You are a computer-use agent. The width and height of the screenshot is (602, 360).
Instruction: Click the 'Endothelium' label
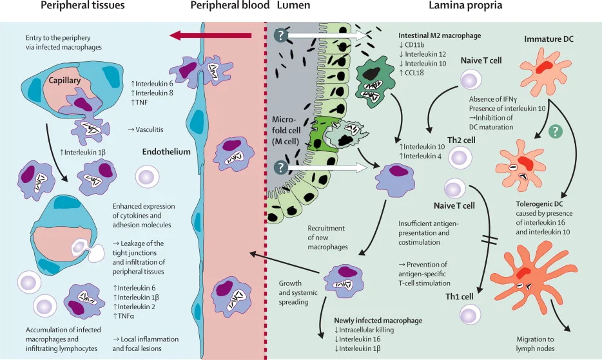point(166,152)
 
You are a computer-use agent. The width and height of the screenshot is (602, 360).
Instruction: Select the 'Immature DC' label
point(548,39)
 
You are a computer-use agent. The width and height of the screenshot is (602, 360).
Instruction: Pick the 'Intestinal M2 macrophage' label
point(439,35)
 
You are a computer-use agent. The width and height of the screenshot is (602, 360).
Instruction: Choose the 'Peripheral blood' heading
point(230,6)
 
